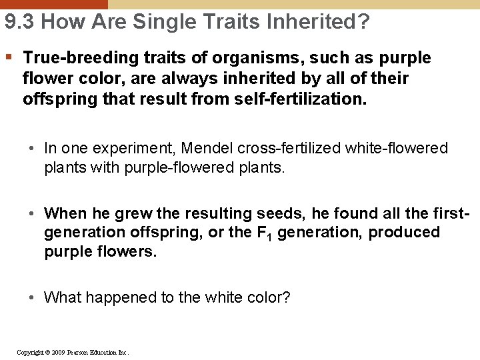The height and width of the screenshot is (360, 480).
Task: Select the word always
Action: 202,79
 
